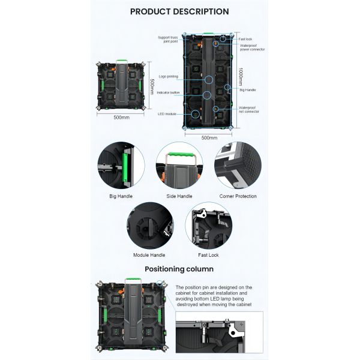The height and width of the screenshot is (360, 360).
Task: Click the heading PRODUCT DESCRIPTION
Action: [179, 11]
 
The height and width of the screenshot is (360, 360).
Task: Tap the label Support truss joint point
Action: [168, 39]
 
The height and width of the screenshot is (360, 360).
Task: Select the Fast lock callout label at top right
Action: [245, 39]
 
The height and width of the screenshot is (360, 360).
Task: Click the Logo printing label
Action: [168, 77]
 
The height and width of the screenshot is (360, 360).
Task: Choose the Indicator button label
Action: [168, 92]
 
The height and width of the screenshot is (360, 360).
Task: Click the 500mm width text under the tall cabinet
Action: [209, 138]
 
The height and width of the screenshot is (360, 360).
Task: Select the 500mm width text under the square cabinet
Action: [121, 118]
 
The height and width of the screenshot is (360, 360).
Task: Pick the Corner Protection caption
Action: [238, 196]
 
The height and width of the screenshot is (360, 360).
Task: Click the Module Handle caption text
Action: [149, 255]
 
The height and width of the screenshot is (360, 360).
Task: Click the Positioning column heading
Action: [179, 269]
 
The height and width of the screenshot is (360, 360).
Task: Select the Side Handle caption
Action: [179, 196]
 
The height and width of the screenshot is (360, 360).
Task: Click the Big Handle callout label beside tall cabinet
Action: [248, 89]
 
